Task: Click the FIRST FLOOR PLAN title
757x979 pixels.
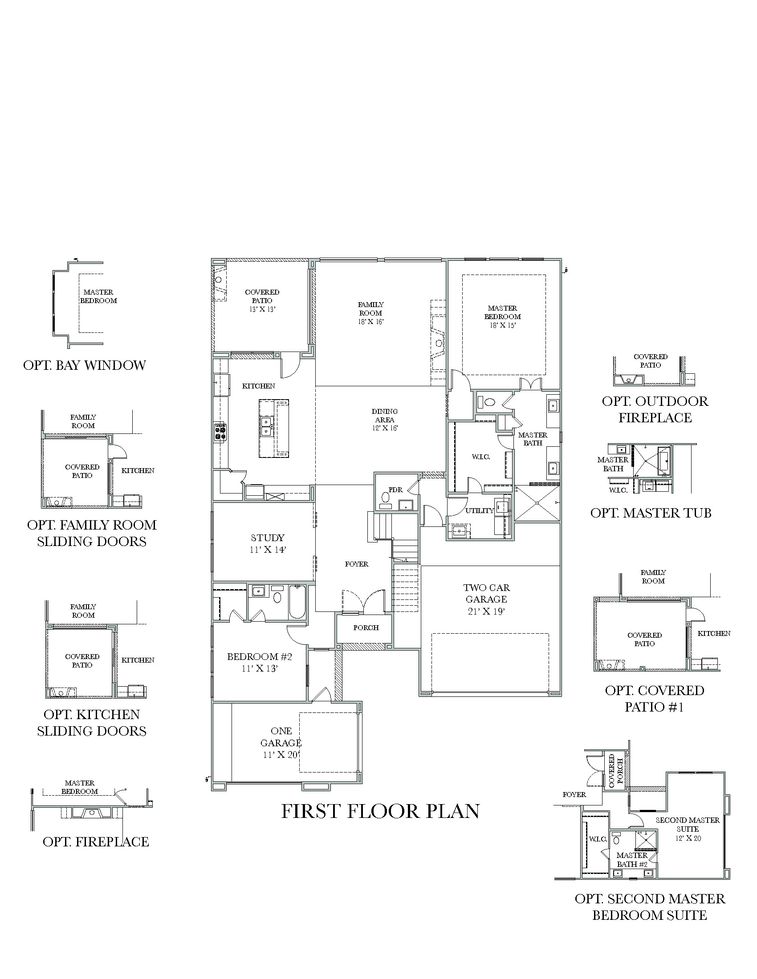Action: (x=380, y=811)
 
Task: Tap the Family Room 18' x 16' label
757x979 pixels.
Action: (x=370, y=313)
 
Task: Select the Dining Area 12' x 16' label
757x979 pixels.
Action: (x=384, y=420)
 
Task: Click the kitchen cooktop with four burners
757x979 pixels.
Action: (x=220, y=433)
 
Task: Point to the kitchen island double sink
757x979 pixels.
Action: (x=266, y=426)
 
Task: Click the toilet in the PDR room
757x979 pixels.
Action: (x=385, y=498)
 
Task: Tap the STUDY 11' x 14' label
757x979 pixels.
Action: (x=268, y=543)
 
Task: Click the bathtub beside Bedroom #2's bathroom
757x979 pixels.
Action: (x=297, y=602)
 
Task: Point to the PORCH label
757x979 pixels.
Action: (x=366, y=627)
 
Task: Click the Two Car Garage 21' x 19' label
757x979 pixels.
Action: (x=487, y=599)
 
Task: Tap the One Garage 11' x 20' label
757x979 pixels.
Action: (x=281, y=743)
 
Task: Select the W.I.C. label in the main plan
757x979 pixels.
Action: (x=481, y=457)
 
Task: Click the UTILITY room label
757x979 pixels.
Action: (x=480, y=510)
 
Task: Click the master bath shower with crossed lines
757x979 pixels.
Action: (x=537, y=503)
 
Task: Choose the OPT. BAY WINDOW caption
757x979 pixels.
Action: (x=84, y=365)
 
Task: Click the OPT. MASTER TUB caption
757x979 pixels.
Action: (x=651, y=513)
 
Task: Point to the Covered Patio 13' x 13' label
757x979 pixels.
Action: (x=262, y=300)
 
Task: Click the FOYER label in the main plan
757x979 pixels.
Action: (x=357, y=564)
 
